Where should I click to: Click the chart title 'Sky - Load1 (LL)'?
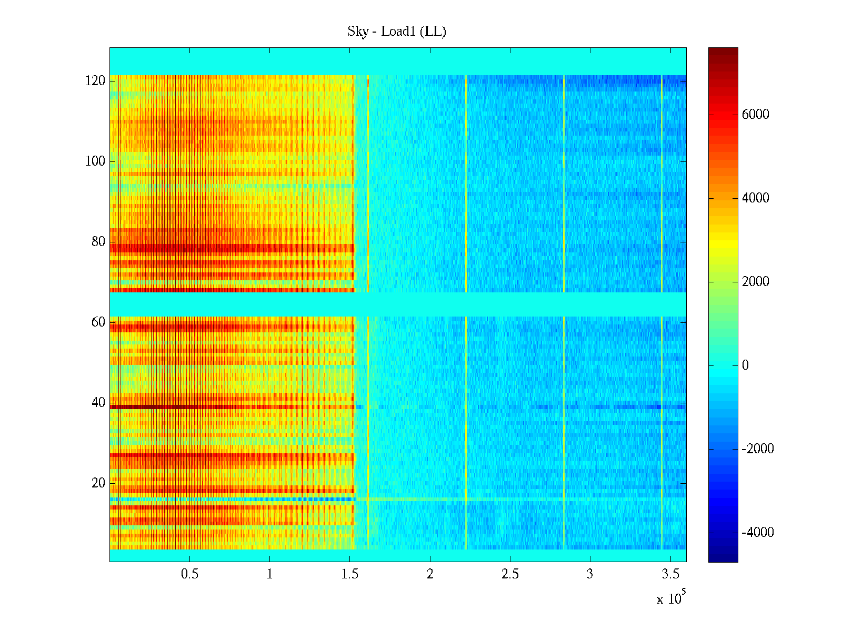pos(396,32)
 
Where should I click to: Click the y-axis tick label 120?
pos(95,81)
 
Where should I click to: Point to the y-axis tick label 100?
pos(95,161)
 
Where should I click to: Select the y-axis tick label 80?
pos(98,242)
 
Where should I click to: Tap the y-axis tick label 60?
pos(98,322)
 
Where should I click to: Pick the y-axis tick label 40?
pos(98,403)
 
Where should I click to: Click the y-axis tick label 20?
pos(98,483)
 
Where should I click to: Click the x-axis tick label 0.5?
pos(189,574)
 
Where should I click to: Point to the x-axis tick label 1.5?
pos(349,574)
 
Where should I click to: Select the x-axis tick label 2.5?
pos(510,574)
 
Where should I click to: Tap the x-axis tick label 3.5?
pos(670,574)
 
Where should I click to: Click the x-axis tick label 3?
pos(590,574)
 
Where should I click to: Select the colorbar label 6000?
pos(755,115)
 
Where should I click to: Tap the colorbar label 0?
pos(745,365)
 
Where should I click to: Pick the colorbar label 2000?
pos(755,282)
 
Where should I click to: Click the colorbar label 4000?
pos(755,198)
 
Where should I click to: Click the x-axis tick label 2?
pos(430,574)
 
